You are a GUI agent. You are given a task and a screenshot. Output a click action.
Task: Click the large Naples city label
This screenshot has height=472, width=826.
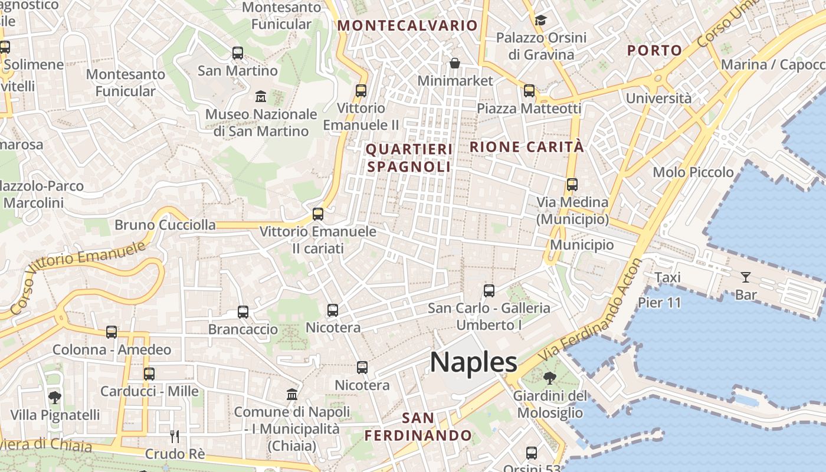point(473,362)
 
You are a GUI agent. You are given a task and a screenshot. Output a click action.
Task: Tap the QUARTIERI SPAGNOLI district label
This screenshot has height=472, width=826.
point(409,158)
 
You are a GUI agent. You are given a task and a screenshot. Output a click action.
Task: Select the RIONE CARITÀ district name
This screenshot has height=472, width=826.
point(526,147)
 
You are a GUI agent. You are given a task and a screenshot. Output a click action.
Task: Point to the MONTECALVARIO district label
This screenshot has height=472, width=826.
point(407,25)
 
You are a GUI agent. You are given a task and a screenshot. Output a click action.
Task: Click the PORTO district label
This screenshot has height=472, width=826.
point(654,51)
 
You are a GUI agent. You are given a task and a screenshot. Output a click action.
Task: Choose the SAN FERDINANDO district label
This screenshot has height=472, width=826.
point(418,427)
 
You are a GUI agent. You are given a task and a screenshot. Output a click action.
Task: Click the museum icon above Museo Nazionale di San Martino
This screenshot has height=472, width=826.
point(260,96)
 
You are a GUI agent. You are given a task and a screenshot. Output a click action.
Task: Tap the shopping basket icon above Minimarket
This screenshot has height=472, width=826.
point(455,63)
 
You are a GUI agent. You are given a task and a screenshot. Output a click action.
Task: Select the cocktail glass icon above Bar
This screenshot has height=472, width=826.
point(746,277)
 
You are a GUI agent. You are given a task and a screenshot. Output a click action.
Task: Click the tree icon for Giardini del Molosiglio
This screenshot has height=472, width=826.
point(549,378)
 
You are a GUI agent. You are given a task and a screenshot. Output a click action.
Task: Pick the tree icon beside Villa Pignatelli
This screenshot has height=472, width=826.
point(55,397)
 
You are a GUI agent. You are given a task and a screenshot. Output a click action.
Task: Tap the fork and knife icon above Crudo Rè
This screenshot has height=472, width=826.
point(175,437)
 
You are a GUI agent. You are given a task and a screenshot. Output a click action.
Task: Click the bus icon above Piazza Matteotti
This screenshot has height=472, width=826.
point(529,91)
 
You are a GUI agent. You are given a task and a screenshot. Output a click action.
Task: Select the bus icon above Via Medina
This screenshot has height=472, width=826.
point(572,184)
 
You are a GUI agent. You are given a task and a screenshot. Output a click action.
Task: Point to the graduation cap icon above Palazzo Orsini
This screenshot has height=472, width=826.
point(540,21)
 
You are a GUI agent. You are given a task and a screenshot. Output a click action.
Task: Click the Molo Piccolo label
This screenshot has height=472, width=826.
point(693,172)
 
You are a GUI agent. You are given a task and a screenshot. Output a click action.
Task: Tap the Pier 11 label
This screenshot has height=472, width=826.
point(660,303)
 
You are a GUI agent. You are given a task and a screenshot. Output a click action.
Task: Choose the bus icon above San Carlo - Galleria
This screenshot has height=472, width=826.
point(489,290)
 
